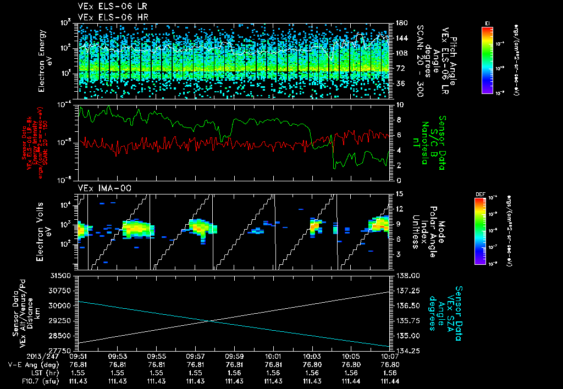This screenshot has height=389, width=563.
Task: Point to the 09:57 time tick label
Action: point(196,356)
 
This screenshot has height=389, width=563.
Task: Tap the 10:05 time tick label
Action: point(351,356)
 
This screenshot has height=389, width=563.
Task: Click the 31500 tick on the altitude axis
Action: point(65,275)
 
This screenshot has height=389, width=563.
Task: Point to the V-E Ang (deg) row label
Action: point(32,364)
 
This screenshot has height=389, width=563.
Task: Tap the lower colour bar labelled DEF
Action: point(479,231)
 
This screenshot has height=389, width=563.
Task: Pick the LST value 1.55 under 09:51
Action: point(79,373)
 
